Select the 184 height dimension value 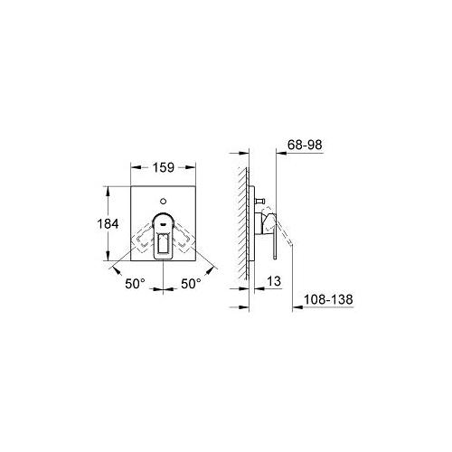[107, 223]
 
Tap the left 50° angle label [136, 284]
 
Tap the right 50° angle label [192, 284]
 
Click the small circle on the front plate [164, 199]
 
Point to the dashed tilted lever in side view [287, 242]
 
